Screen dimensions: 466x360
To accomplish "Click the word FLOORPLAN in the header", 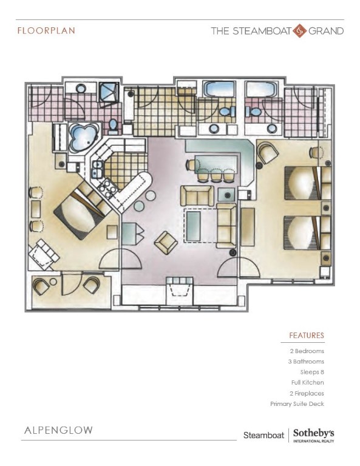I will point(46,30).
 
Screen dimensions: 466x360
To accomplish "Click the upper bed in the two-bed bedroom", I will point(304,181).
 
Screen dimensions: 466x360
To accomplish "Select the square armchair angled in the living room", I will point(166,242).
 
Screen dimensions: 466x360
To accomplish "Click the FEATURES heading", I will point(307,336).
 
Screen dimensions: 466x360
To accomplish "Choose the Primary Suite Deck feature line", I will point(297,404).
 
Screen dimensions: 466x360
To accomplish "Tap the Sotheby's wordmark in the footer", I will point(313,434).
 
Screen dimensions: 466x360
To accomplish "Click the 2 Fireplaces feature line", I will point(306,393).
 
